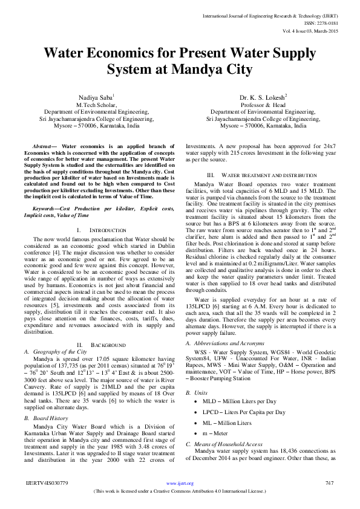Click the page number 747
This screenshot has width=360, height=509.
(330, 483)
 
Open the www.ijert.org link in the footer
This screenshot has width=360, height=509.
(180, 484)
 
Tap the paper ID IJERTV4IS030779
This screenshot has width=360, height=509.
(47, 483)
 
